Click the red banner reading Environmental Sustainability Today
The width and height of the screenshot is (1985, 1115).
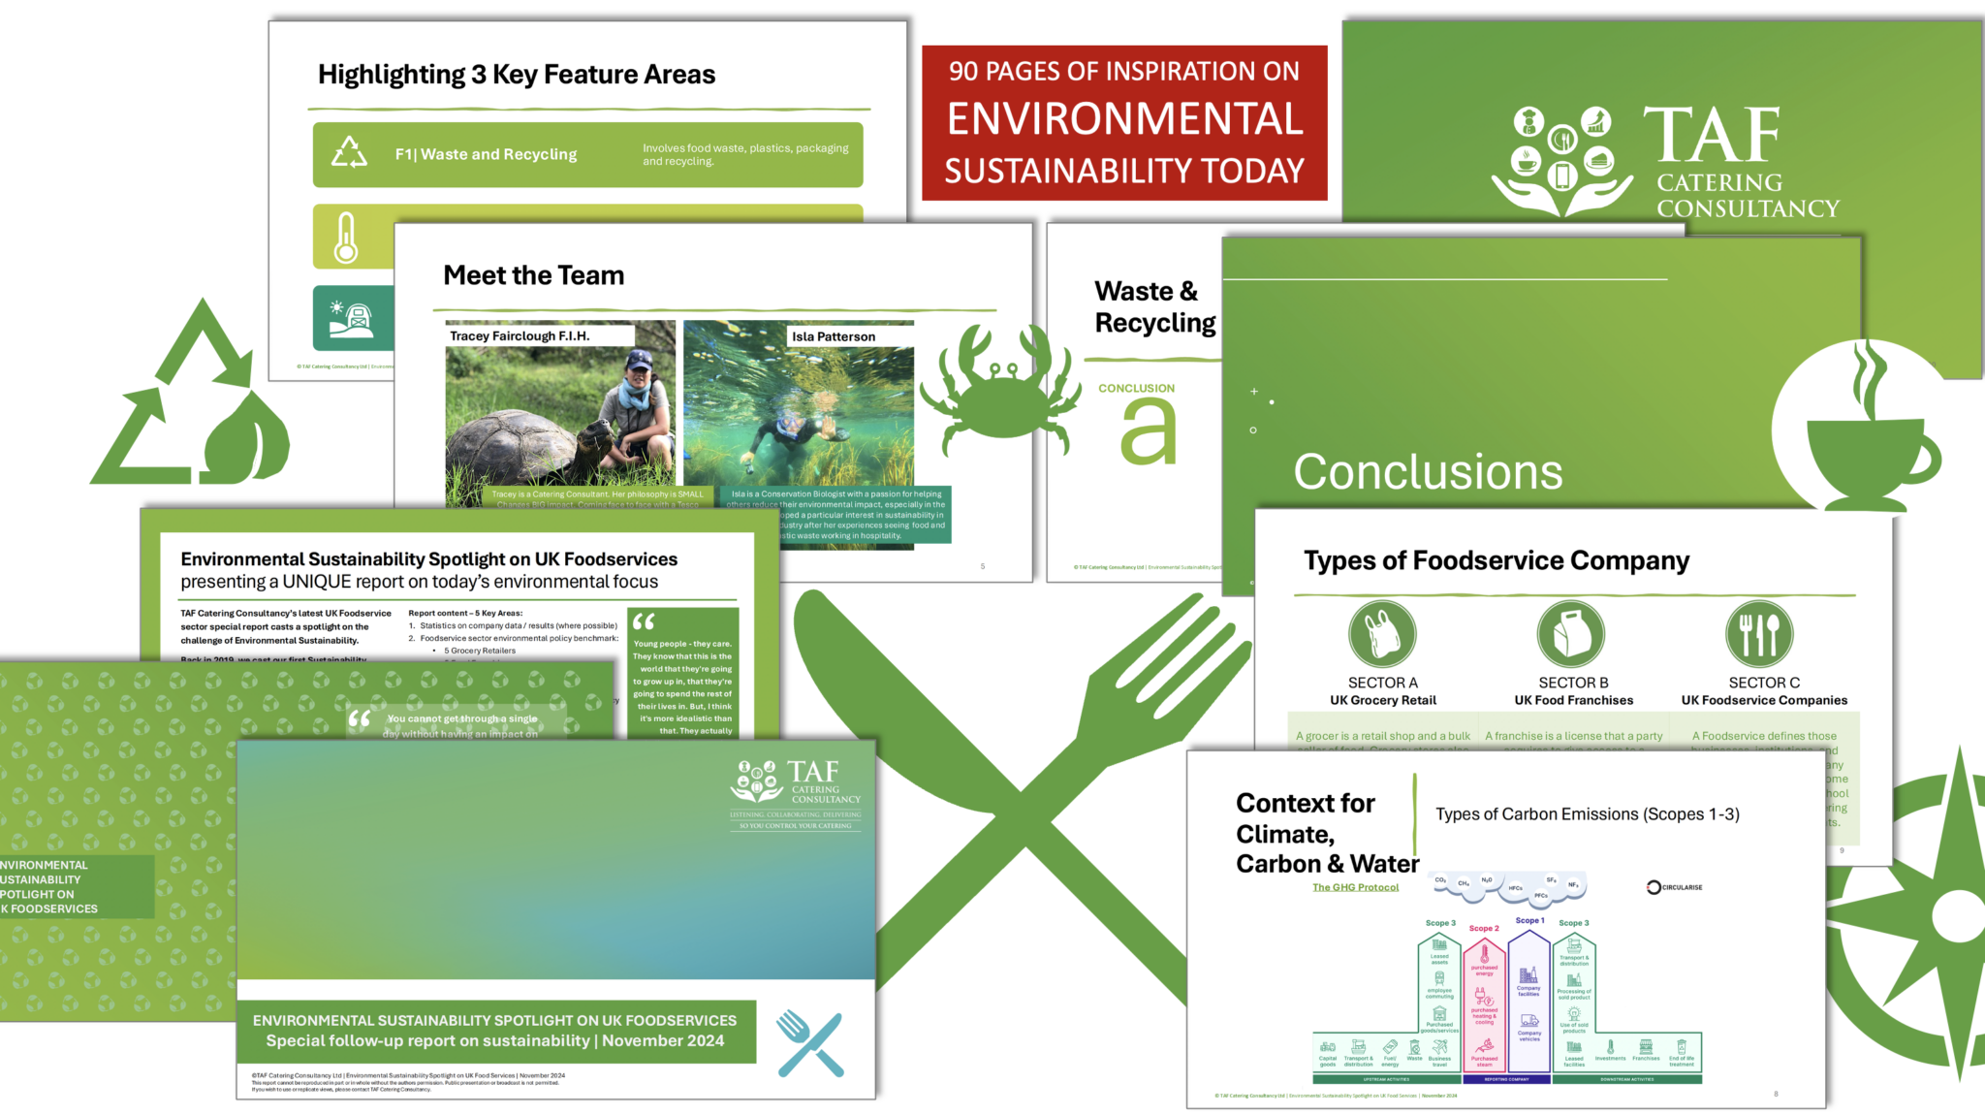coord(1124,122)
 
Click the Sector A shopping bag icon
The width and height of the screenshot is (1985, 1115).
coord(1382,634)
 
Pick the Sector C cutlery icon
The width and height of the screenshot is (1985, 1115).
coord(1759,634)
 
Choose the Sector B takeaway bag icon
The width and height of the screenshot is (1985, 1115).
coord(1571,634)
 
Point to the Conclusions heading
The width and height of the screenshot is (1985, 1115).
coord(1428,472)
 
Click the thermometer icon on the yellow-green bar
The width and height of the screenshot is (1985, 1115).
coord(346,238)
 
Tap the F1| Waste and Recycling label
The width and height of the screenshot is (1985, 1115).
coord(486,154)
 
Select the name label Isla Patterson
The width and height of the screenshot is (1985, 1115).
coord(834,336)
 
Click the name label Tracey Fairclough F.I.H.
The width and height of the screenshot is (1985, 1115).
coord(520,335)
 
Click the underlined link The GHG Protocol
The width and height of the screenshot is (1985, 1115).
coord(1355,887)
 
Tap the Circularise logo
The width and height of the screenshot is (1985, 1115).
coord(1674,887)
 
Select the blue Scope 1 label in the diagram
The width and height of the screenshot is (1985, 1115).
coord(1529,920)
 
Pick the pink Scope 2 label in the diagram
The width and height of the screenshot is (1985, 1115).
coord(1483,928)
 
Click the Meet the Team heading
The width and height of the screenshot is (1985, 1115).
coord(533,275)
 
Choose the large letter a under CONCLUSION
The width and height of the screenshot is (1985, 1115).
coord(1148,432)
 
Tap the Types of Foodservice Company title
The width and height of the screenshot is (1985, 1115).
coord(1496,560)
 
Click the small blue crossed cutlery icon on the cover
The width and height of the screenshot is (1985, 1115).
coord(810,1043)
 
